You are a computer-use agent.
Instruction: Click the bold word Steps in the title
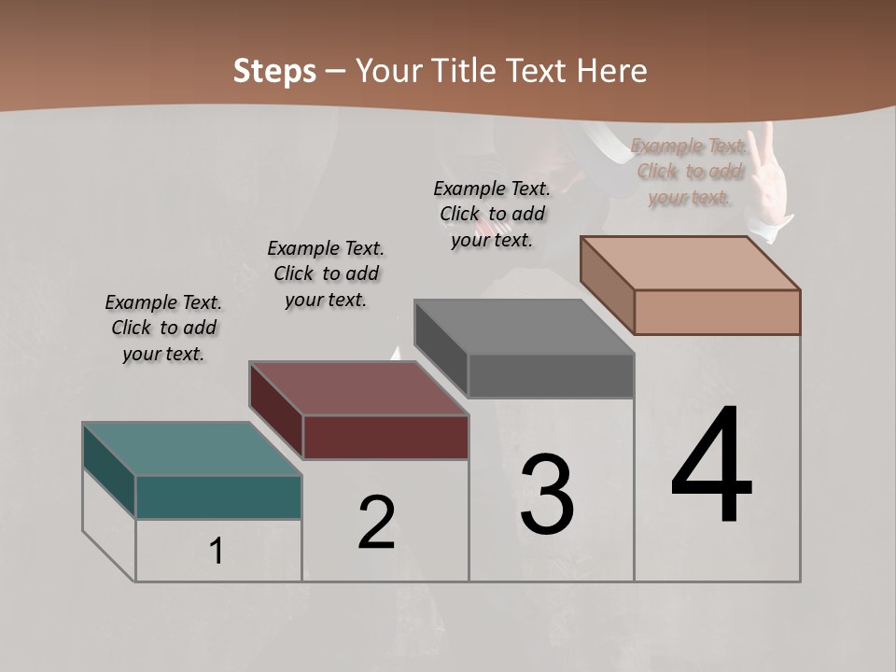(x=274, y=71)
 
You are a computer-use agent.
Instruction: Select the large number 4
(x=711, y=467)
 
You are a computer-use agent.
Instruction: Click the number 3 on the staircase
(x=547, y=495)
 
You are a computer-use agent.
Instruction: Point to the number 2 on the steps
(x=377, y=523)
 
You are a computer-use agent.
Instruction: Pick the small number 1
(x=217, y=552)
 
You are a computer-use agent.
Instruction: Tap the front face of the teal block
(x=218, y=497)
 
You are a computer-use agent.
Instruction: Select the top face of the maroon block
(x=358, y=388)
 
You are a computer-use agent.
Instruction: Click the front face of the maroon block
(x=385, y=437)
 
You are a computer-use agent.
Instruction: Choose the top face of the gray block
(x=524, y=327)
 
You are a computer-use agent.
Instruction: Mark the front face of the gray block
(x=551, y=375)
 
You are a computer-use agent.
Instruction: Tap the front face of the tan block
(x=717, y=312)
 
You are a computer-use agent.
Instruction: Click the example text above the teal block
(x=163, y=328)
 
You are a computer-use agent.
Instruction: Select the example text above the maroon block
(x=326, y=273)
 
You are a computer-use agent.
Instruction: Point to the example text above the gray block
(x=492, y=214)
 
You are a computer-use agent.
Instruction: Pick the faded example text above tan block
(x=690, y=171)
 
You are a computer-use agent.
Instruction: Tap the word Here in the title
(x=611, y=71)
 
